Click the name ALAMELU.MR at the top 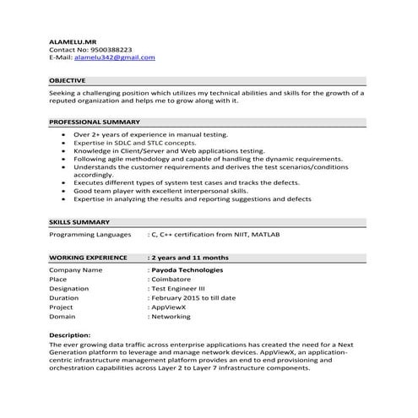click(x=73, y=41)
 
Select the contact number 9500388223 click(x=107, y=49)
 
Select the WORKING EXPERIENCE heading click(x=88, y=257)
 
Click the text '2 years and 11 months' click(x=190, y=257)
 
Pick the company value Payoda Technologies click(x=187, y=269)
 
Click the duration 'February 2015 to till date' click(x=196, y=298)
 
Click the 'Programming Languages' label click(x=90, y=233)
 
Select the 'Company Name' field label click(x=76, y=269)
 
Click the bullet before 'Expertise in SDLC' click(x=64, y=143)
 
